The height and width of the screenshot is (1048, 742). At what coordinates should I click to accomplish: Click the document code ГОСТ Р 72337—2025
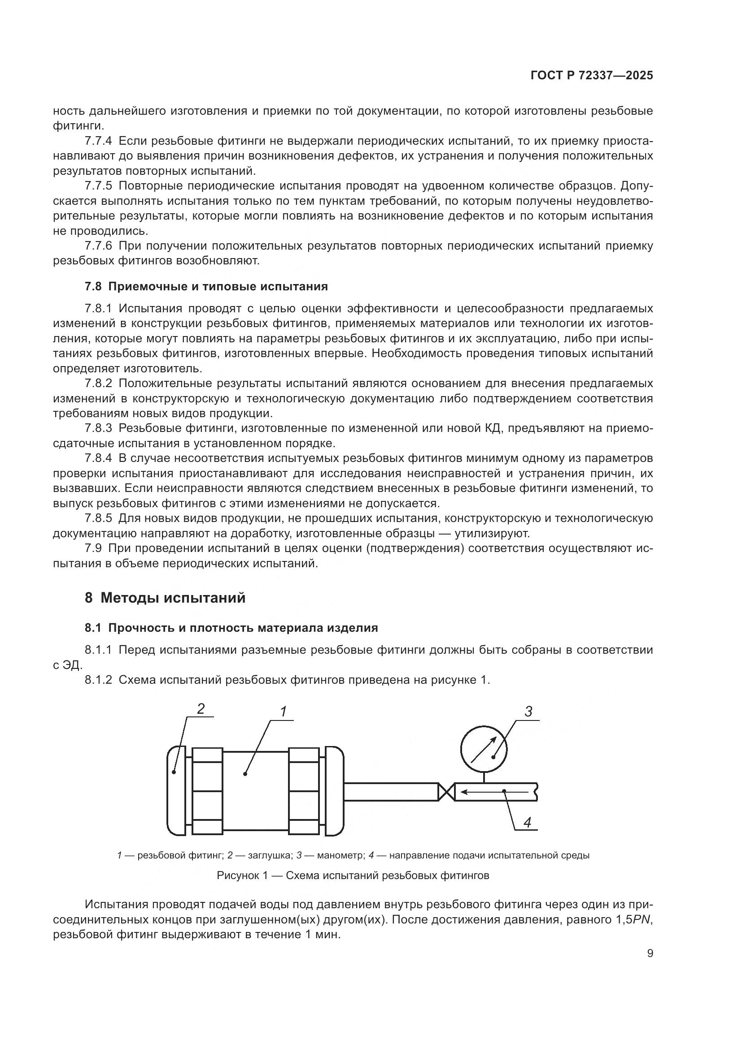tap(592, 76)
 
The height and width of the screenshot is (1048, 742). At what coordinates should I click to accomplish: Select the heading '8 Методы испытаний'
tap(165, 598)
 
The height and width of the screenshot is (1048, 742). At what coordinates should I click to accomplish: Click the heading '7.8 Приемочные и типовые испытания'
tap(206, 286)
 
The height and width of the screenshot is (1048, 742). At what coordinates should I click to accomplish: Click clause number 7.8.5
tap(98, 518)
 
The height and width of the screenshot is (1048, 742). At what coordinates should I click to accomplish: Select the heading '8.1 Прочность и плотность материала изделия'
tap(231, 628)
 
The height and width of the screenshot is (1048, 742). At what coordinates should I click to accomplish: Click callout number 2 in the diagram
tap(201, 708)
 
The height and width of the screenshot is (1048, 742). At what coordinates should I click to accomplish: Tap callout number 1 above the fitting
tap(283, 711)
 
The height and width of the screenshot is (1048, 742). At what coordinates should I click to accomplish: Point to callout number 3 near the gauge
tap(528, 712)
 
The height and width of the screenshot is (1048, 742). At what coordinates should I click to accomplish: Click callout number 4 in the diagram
tap(527, 823)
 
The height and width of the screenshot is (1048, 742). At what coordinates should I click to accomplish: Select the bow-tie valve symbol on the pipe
tap(446, 791)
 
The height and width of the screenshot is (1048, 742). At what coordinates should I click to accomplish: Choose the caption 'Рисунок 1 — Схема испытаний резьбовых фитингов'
tap(353, 875)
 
